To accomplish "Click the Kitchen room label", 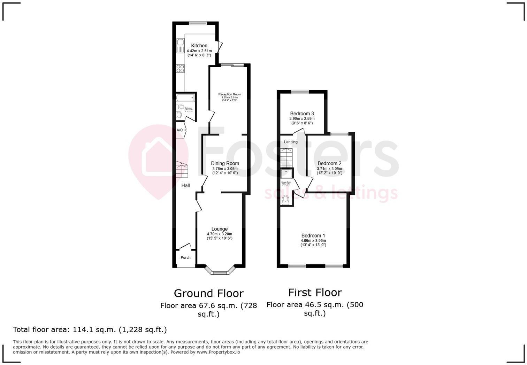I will [x=199, y=46].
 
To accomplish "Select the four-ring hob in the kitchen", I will [x=180, y=69].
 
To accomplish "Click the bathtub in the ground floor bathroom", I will [x=185, y=98].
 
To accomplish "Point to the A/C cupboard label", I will [x=180, y=130].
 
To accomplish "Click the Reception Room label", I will [x=229, y=94].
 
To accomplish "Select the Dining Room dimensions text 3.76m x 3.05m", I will [x=225, y=169].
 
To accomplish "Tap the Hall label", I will [x=185, y=186].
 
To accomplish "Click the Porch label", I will [x=185, y=258].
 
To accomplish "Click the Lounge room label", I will [x=220, y=229].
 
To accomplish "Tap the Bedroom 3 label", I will [x=302, y=114].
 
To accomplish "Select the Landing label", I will [x=291, y=142].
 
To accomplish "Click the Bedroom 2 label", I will [x=329, y=163].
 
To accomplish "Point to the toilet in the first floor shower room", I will [x=286, y=199].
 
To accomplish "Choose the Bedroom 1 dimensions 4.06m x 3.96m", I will [x=313, y=241].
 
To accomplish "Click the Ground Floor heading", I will [x=208, y=293].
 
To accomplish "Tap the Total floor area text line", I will [x=90, y=329].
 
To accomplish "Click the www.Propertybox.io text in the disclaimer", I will [x=218, y=352].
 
